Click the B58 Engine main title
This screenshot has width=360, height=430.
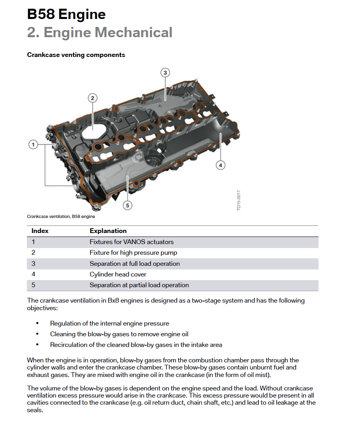66,15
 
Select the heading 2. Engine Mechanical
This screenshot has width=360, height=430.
100,32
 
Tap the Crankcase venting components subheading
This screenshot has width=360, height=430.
76,55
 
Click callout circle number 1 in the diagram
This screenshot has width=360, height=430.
33,145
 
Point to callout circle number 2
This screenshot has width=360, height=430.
92,98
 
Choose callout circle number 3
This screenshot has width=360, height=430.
165,72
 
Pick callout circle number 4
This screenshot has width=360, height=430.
221,165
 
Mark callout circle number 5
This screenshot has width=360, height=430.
127,205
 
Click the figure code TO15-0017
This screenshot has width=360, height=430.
238,200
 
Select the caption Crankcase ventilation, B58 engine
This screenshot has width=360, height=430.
61,217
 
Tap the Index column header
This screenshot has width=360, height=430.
40,231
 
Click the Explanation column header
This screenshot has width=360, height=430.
108,231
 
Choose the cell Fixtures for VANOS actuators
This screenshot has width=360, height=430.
132,242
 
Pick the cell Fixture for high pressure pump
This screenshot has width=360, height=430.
133,253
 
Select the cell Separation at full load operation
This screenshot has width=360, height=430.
135,264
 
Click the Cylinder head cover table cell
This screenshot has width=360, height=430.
118,275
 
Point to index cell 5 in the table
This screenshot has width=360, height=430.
34,285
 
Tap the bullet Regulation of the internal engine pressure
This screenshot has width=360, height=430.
109,324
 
